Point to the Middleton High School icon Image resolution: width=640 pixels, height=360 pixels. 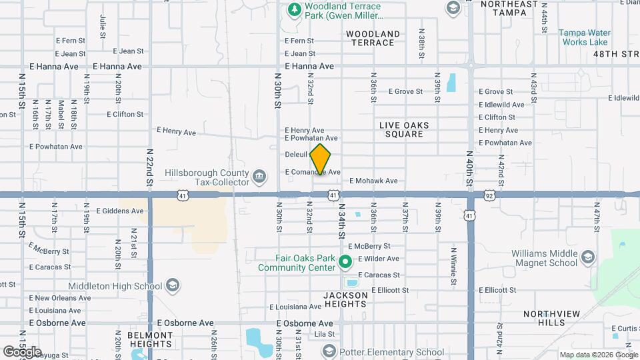[x=173, y=286]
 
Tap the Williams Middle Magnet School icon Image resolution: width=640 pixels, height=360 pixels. [x=587, y=257]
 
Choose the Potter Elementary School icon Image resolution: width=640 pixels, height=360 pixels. [x=329, y=351]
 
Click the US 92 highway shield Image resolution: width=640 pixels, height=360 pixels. [x=489, y=195]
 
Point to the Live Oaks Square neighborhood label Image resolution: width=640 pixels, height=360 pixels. [x=404, y=129]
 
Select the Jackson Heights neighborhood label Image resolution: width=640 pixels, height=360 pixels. [x=345, y=299]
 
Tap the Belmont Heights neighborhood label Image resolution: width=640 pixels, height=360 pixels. [x=151, y=339]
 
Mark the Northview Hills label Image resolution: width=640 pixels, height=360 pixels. [x=544, y=318]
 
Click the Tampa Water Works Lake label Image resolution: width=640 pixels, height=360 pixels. [x=584, y=37]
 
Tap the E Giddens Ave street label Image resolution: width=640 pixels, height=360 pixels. [x=119, y=211]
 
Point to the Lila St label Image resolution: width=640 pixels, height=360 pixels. [x=325, y=334]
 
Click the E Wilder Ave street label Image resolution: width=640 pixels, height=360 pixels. [x=379, y=259]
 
